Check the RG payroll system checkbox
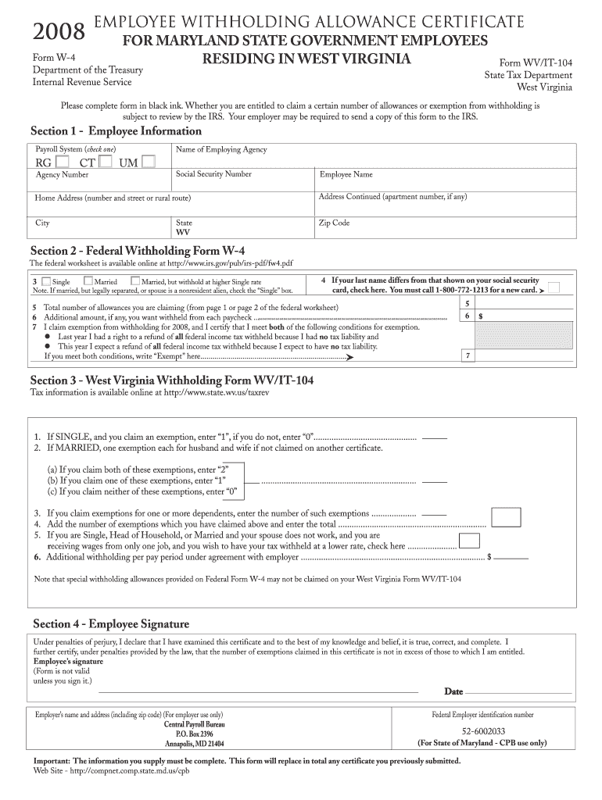(63, 162)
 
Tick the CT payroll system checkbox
(106, 162)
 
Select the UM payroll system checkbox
(149, 162)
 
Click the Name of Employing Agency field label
(221, 149)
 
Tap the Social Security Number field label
(213, 174)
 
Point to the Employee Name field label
(346, 175)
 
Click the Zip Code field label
(334, 223)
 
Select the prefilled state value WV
(183, 233)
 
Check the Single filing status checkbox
(47, 281)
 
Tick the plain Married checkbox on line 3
(88, 281)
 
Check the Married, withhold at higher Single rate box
(135, 281)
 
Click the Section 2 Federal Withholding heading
(138, 251)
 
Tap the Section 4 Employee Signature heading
(110, 623)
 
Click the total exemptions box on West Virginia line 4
(507, 517)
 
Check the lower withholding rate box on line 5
(469, 541)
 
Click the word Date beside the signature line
(453, 691)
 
